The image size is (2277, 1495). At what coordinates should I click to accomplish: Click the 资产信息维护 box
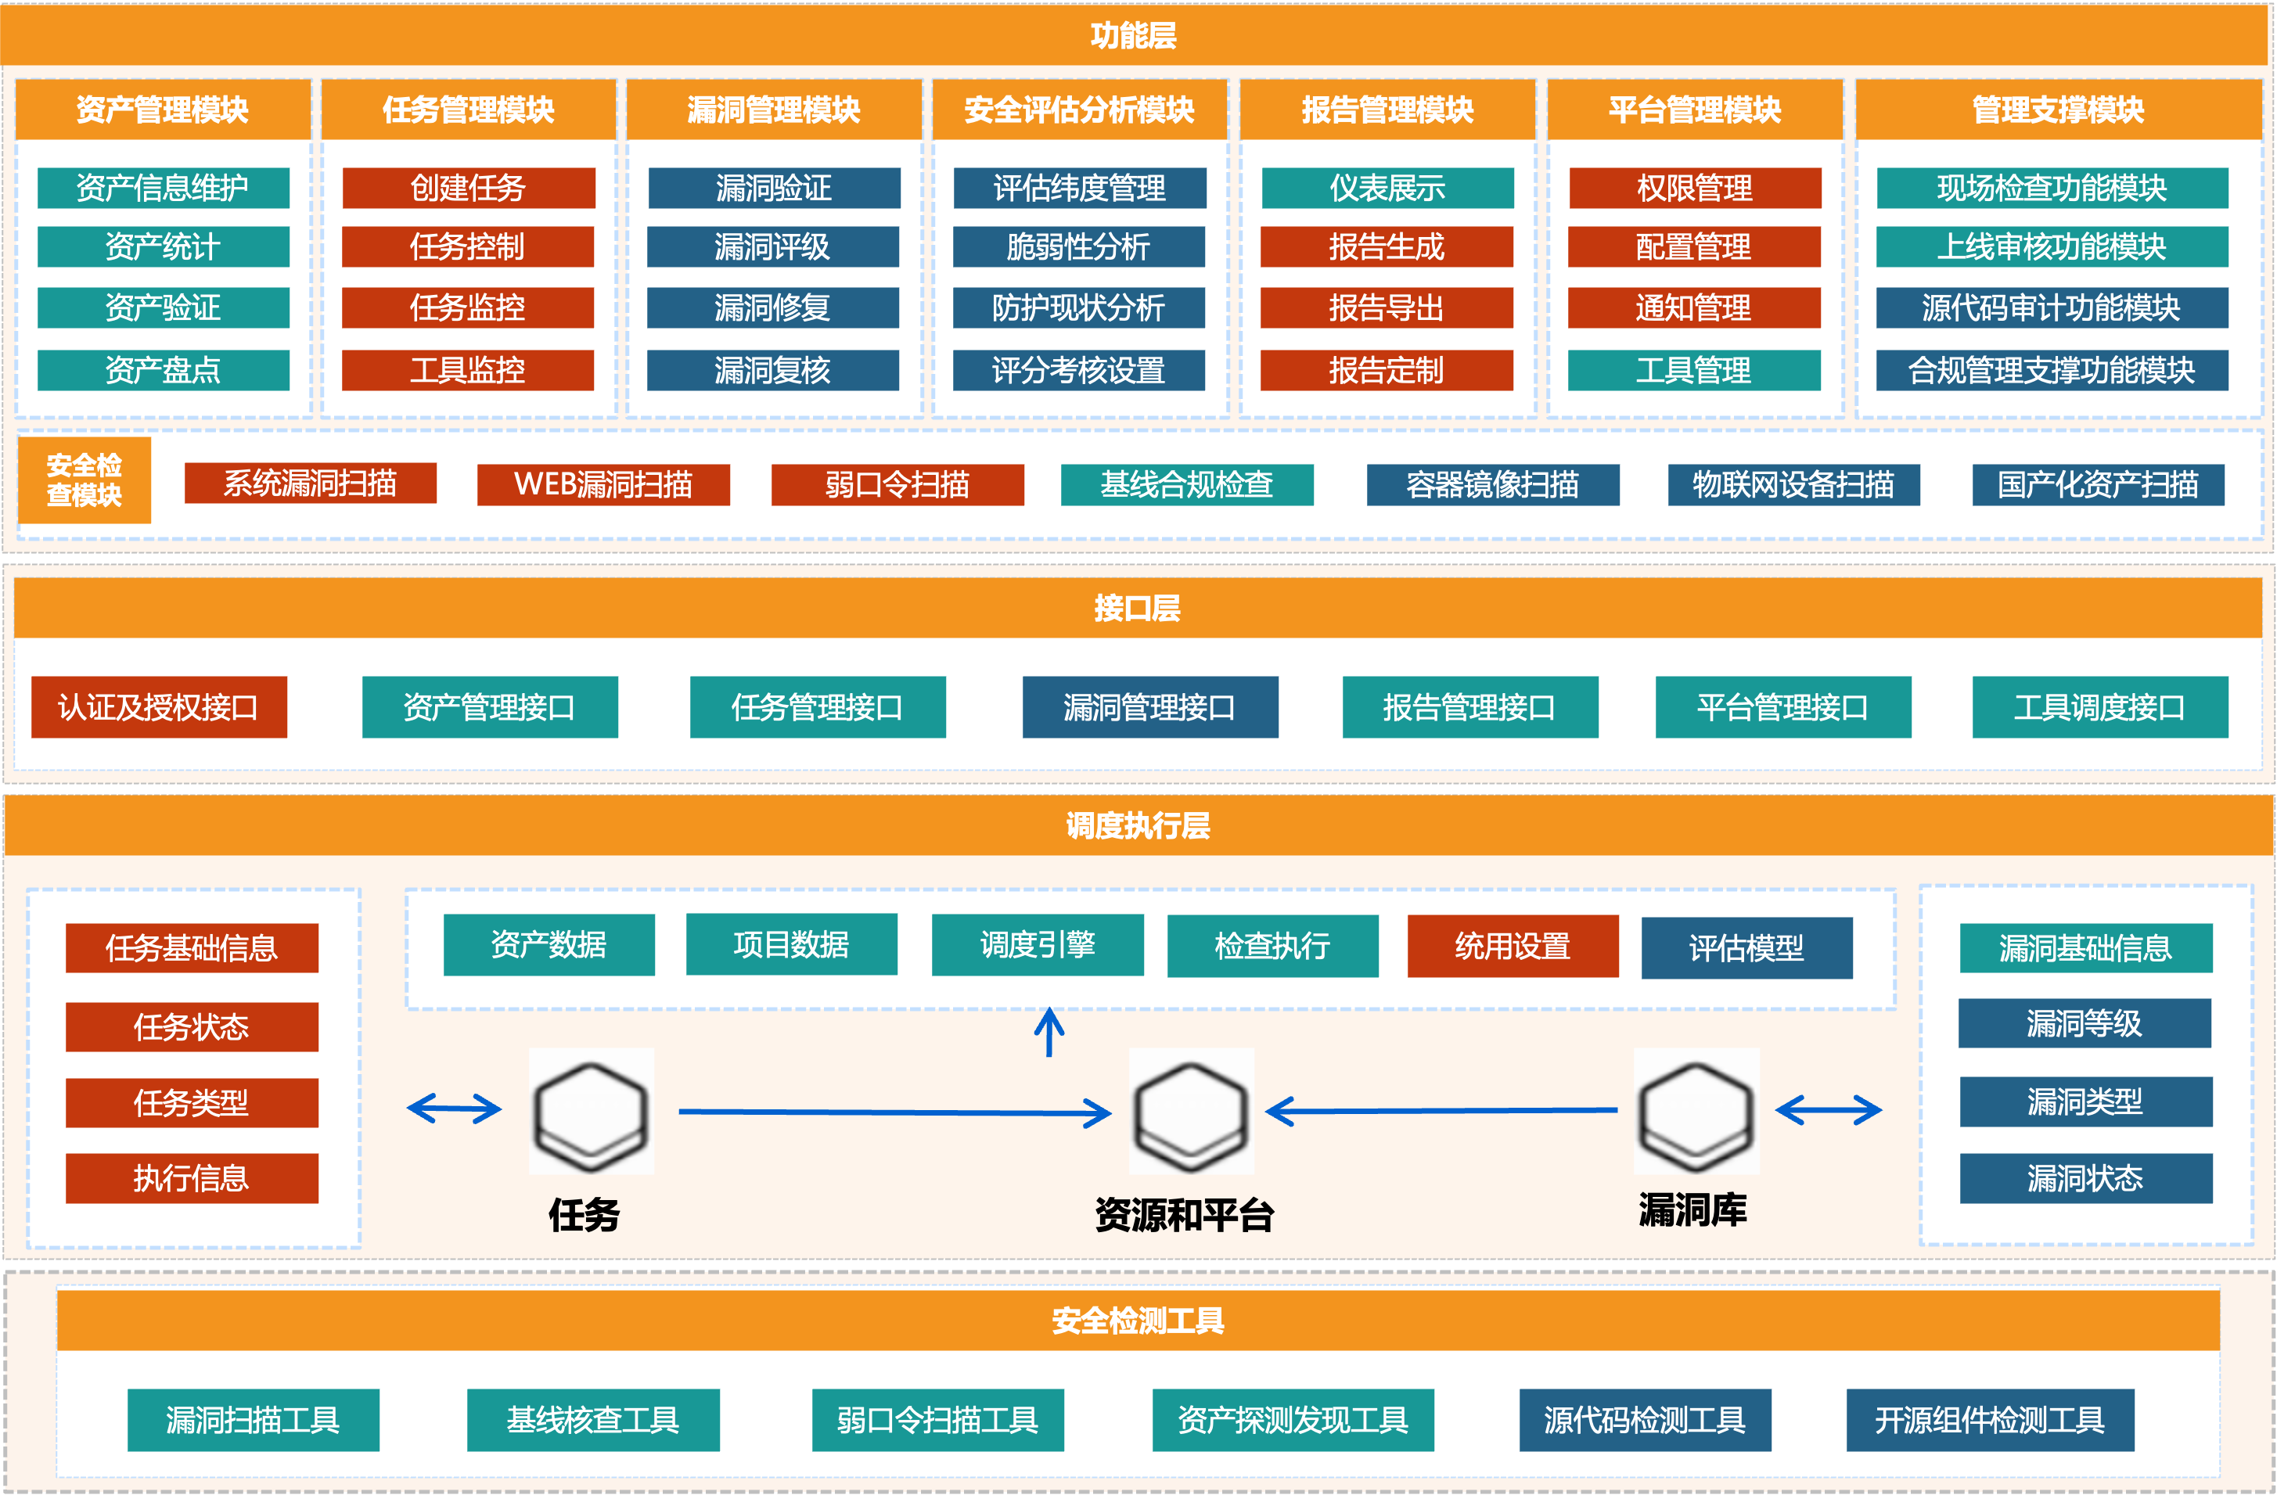(163, 188)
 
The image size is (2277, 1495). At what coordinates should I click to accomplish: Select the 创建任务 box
(468, 188)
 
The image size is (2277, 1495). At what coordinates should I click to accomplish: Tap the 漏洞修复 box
(772, 308)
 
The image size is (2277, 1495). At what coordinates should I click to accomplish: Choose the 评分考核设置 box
(1078, 370)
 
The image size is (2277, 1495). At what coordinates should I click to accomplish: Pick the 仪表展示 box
(1387, 188)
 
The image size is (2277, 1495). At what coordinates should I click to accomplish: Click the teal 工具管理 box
(1693, 370)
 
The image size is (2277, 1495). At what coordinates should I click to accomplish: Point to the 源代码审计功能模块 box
(2051, 308)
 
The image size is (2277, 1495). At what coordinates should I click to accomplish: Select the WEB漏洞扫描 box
(603, 484)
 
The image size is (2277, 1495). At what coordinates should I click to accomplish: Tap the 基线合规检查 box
(1186, 484)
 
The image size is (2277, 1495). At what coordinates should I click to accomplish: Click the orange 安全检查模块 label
(85, 480)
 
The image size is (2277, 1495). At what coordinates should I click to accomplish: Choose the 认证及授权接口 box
(159, 707)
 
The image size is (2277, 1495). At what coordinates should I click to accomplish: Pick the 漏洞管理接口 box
(1150, 707)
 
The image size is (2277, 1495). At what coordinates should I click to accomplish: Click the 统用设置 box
(1513, 946)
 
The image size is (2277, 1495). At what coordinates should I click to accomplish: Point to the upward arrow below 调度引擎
(1049, 1031)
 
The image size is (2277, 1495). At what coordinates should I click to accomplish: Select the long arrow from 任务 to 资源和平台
(894, 1112)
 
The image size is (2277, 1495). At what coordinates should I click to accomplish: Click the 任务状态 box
(192, 1026)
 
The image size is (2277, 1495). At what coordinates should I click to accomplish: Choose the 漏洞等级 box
(2085, 1023)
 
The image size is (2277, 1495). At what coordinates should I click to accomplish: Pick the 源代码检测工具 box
(1645, 1419)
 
